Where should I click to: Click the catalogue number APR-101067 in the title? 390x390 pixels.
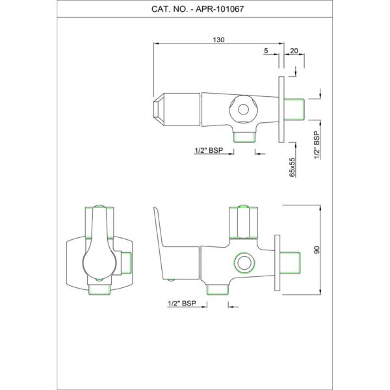click(x=220, y=9)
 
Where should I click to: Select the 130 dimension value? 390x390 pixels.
click(x=218, y=40)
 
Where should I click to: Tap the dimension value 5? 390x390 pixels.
click(x=266, y=51)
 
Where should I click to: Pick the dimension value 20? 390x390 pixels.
click(x=294, y=51)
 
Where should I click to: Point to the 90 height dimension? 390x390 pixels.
click(x=317, y=250)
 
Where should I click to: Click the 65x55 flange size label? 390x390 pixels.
click(x=292, y=167)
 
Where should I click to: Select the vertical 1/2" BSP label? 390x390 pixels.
click(x=317, y=145)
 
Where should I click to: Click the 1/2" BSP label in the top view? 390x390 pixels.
click(x=209, y=151)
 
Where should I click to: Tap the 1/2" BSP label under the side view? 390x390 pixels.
click(x=182, y=304)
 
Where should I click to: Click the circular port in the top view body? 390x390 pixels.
click(x=243, y=109)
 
